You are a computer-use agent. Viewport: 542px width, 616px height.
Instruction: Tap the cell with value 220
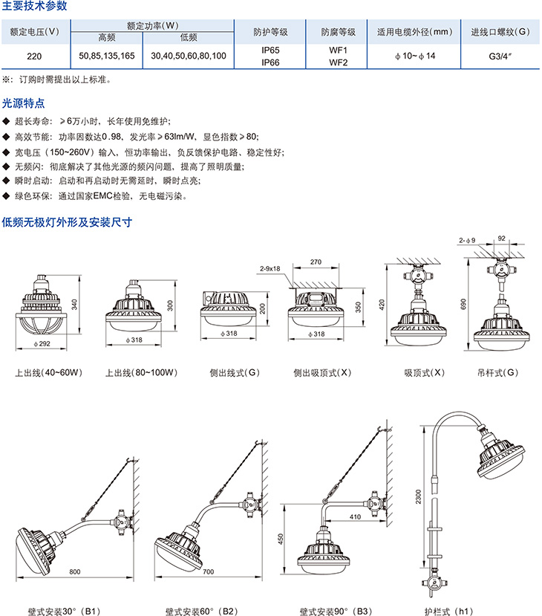coord(34,56)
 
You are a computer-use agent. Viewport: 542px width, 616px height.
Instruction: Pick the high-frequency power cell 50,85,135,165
coord(107,56)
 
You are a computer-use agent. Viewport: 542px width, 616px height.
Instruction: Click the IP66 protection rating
coord(270,62)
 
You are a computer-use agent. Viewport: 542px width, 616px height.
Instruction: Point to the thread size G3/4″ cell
coord(500,56)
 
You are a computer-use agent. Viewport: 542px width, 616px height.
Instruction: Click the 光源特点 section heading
coord(23,104)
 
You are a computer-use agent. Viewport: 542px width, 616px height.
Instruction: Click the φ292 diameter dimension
coord(43,344)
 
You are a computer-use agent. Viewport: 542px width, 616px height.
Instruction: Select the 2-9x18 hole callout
coord(271,268)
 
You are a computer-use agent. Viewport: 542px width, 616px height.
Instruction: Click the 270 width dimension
coord(316,262)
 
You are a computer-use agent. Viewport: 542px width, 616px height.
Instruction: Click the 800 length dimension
coord(75,571)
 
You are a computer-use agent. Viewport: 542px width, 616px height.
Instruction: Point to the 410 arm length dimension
coord(355,516)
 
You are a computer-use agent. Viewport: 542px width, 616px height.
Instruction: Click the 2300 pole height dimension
coord(420,496)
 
